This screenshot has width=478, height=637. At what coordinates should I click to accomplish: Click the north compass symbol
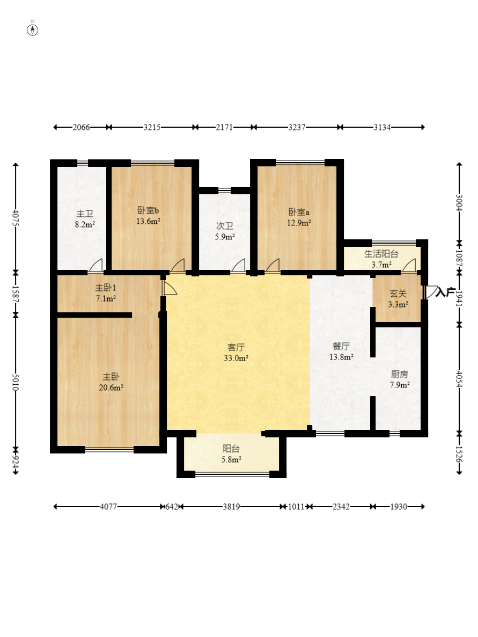click(33, 30)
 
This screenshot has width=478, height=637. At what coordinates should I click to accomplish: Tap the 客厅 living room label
click(236, 347)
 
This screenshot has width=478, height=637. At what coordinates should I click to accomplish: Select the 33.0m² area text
click(236, 358)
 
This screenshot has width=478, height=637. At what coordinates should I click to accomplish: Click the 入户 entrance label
click(445, 292)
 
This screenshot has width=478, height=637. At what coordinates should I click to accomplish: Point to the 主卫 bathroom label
click(85, 214)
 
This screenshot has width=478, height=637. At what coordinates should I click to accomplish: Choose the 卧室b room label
click(148, 210)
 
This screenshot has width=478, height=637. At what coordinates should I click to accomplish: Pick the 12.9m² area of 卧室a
click(299, 223)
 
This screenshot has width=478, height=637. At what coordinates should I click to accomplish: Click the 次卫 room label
click(225, 226)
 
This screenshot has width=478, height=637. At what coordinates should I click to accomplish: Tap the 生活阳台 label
click(381, 254)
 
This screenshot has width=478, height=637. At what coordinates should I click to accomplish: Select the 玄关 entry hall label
click(398, 294)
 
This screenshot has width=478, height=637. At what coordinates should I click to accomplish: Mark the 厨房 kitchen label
click(399, 374)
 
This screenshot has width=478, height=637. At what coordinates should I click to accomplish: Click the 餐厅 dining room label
click(341, 346)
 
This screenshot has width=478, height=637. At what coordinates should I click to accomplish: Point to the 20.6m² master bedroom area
click(111, 388)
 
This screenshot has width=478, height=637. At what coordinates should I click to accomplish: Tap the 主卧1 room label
click(106, 288)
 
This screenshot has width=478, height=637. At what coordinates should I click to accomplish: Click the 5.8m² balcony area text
click(231, 460)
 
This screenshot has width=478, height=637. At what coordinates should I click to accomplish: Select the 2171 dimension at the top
click(224, 127)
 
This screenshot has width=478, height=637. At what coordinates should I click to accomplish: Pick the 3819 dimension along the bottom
click(231, 507)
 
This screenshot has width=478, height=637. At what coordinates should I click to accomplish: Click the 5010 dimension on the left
click(16, 382)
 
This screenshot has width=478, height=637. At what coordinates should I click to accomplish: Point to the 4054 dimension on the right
click(459, 379)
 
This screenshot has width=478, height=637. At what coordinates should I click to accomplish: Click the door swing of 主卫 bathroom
click(96, 265)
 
